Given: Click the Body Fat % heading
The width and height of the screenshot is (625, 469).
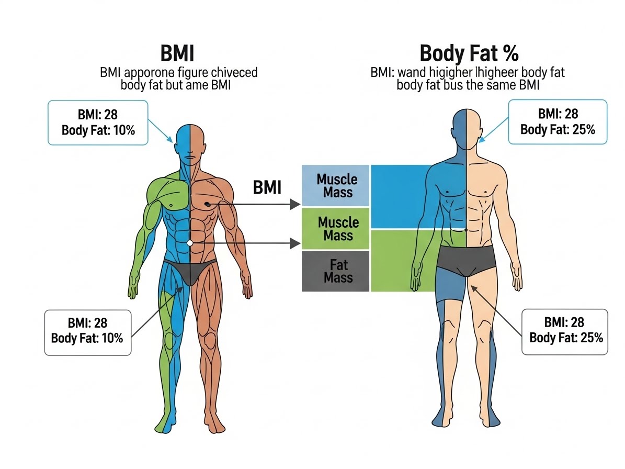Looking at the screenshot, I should (469, 53).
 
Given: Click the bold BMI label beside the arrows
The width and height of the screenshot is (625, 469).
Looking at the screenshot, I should (267, 187).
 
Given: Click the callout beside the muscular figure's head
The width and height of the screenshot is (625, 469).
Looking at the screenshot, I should (98, 122).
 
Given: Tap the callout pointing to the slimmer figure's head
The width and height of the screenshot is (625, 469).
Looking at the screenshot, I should (558, 122).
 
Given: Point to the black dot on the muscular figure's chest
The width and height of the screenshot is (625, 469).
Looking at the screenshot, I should (207, 204).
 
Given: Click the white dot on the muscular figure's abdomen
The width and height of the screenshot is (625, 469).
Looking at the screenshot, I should (190, 243).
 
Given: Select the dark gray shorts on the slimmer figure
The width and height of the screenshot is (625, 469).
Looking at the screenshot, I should (466, 260).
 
